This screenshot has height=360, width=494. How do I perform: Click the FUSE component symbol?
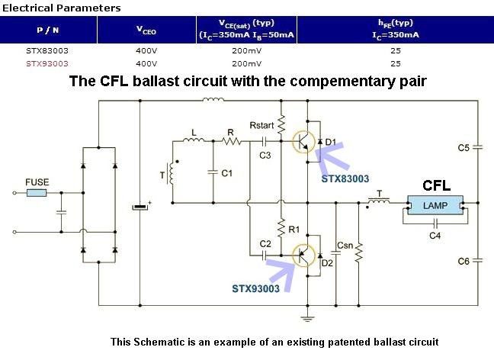36,193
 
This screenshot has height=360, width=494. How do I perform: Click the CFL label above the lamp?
436,185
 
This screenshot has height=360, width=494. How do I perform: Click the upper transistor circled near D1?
304,141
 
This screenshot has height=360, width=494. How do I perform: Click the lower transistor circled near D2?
305,255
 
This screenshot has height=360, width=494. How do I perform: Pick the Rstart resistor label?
262,125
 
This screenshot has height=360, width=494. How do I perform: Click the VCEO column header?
146,30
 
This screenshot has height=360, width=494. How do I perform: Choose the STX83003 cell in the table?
43,52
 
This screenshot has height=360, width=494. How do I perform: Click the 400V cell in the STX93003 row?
146,63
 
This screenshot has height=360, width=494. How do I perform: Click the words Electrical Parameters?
61,8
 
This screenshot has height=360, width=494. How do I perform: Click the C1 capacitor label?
226,174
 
